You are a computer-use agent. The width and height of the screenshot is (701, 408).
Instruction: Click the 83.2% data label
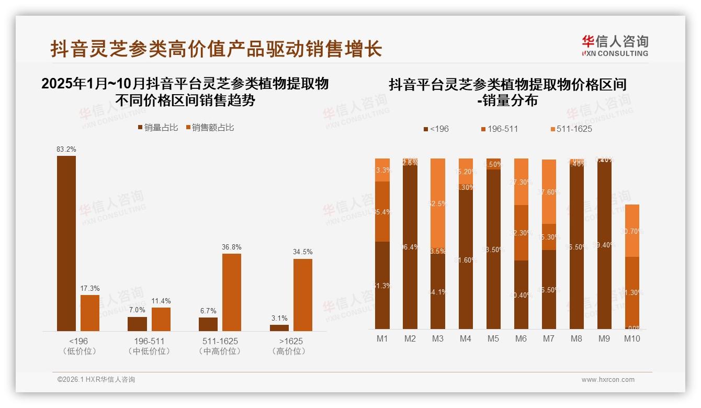[66, 150]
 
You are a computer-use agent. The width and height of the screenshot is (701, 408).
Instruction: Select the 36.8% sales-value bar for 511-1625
[232, 292]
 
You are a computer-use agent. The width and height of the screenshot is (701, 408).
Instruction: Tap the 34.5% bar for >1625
[303, 295]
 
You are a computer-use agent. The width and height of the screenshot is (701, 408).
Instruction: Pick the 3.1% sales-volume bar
[279, 328]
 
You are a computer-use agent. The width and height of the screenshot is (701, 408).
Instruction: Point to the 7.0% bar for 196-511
[137, 324]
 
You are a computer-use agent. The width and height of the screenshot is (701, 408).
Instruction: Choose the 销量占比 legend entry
[158, 127]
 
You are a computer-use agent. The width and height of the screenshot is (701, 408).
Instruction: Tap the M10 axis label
[632, 338]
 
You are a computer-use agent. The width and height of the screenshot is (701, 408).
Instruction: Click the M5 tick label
[493, 338]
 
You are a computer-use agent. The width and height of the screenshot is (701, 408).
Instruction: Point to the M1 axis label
[382, 338]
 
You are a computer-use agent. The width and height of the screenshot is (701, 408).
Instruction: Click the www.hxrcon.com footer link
[608, 380]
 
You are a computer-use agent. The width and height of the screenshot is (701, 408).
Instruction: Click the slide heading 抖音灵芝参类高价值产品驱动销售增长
[216, 49]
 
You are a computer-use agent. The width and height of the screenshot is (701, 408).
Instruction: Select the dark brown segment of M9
[604, 246]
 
